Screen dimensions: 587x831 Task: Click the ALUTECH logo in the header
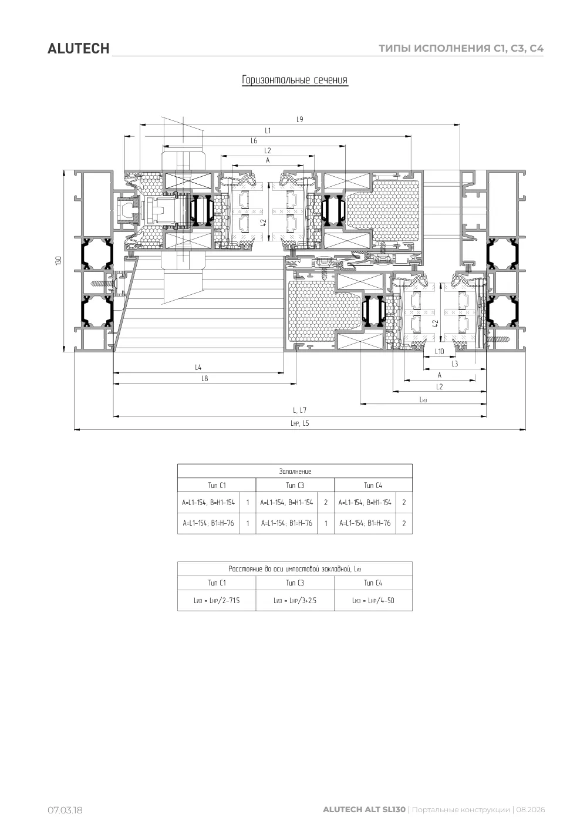(x=79, y=49)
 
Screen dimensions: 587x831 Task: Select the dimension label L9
(x=299, y=119)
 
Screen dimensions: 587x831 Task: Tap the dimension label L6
(x=254, y=140)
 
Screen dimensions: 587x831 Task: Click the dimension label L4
(x=198, y=367)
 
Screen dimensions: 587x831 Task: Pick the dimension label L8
(x=205, y=378)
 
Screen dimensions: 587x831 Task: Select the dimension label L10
(x=440, y=351)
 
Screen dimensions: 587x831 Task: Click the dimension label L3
(x=454, y=364)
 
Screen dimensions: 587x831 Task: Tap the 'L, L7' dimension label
(x=299, y=410)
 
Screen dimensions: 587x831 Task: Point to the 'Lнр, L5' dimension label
(x=299, y=423)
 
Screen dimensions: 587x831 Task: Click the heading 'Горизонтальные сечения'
(x=295, y=80)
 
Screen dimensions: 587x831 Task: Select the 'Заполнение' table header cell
(x=295, y=471)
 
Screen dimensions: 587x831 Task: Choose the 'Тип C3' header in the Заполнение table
(x=295, y=485)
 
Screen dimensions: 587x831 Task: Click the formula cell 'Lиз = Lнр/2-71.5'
(x=217, y=600)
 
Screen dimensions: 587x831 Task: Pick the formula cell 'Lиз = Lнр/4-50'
(x=373, y=600)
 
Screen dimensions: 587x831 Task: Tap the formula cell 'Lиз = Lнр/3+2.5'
(x=295, y=600)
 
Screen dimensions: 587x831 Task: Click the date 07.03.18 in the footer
(x=65, y=810)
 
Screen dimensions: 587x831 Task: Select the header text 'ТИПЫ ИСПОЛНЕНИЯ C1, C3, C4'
(x=461, y=48)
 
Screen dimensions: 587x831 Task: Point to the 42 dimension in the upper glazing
(x=264, y=223)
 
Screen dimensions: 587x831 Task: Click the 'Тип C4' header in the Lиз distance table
(x=373, y=583)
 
